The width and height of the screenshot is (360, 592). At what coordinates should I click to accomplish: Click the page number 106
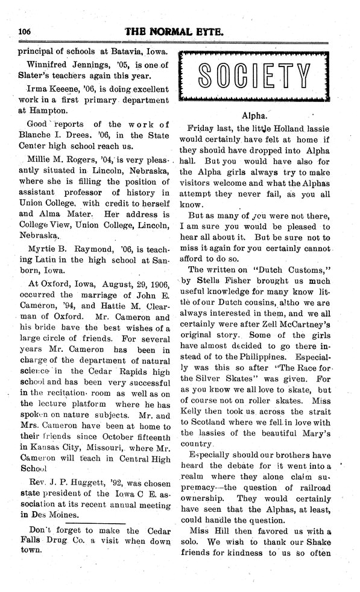25,32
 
